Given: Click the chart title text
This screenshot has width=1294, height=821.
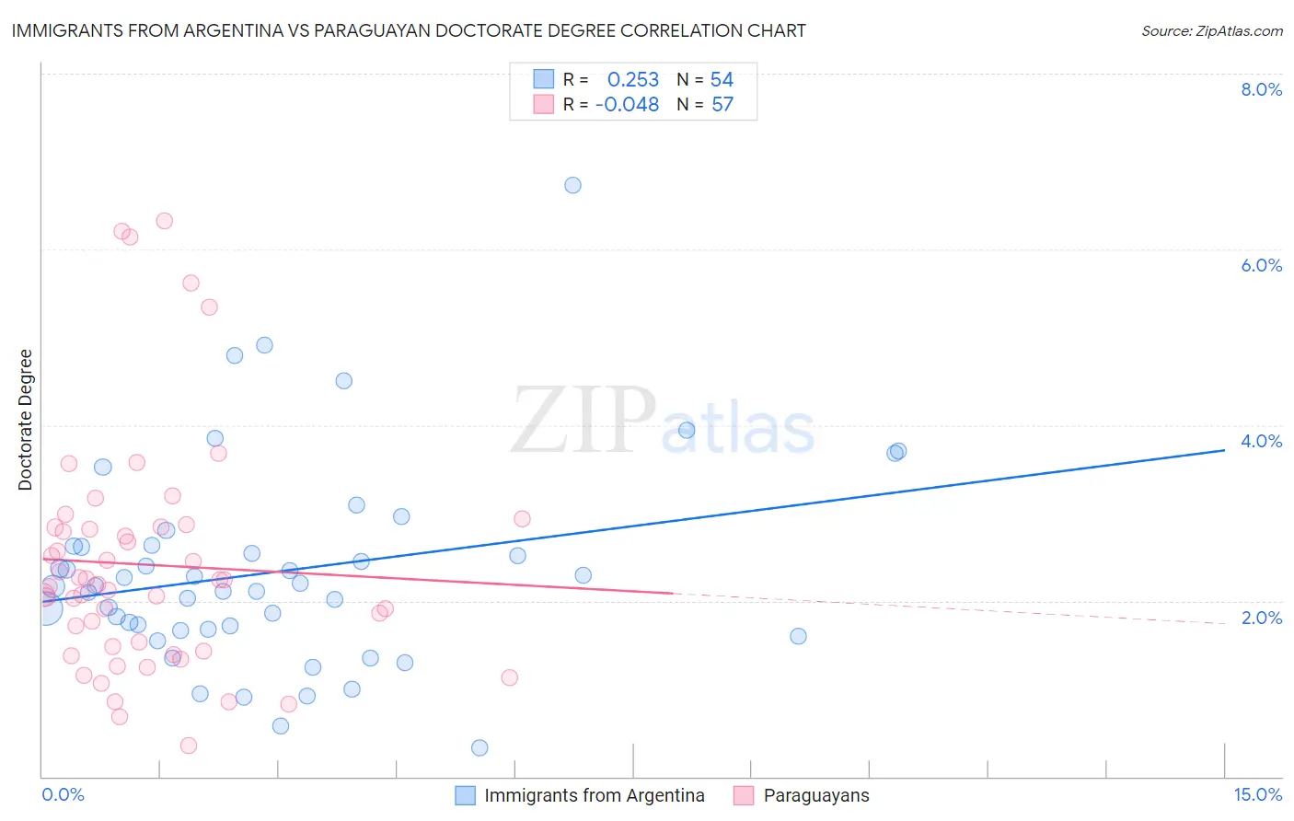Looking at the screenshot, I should (x=409, y=30).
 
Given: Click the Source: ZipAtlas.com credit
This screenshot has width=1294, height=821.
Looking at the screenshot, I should (x=1211, y=30).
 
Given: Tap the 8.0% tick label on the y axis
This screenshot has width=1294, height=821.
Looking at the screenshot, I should (x=1261, y=89).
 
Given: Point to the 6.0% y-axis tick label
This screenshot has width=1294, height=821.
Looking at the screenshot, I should (x=1261, y=265).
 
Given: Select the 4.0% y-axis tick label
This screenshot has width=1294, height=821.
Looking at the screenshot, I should (x=1261, y=441).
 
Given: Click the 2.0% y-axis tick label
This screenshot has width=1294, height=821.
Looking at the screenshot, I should (x=1261, y=618).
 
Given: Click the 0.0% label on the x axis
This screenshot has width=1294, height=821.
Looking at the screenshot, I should (x=63, y=794).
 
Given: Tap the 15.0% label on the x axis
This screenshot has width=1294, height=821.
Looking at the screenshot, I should (x=1257, y=794).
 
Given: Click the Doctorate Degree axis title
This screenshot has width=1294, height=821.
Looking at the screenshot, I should (x=25, y=420).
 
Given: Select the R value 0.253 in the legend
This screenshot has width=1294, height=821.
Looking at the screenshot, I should (x=633, y=80).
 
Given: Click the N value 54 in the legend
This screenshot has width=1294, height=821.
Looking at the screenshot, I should (x=722, y=80).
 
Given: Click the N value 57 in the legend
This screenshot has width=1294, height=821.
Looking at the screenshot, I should (x=722, y=105).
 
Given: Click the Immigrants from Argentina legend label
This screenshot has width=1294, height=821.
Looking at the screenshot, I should (x=594, y=795).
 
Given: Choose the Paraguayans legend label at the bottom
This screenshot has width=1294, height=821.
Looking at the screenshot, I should (x=815, y=795).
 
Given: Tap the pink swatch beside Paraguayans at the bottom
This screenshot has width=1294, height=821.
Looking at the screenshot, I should (x=744, y=795).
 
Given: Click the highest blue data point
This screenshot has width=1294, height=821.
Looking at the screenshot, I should (x=572, y=185).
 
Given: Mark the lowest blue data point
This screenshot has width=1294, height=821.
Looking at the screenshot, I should (x=479, y=747).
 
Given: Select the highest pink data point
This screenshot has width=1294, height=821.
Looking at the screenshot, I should (x=165, y=221).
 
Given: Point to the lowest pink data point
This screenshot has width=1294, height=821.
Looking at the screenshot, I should (x=189, y=746).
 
